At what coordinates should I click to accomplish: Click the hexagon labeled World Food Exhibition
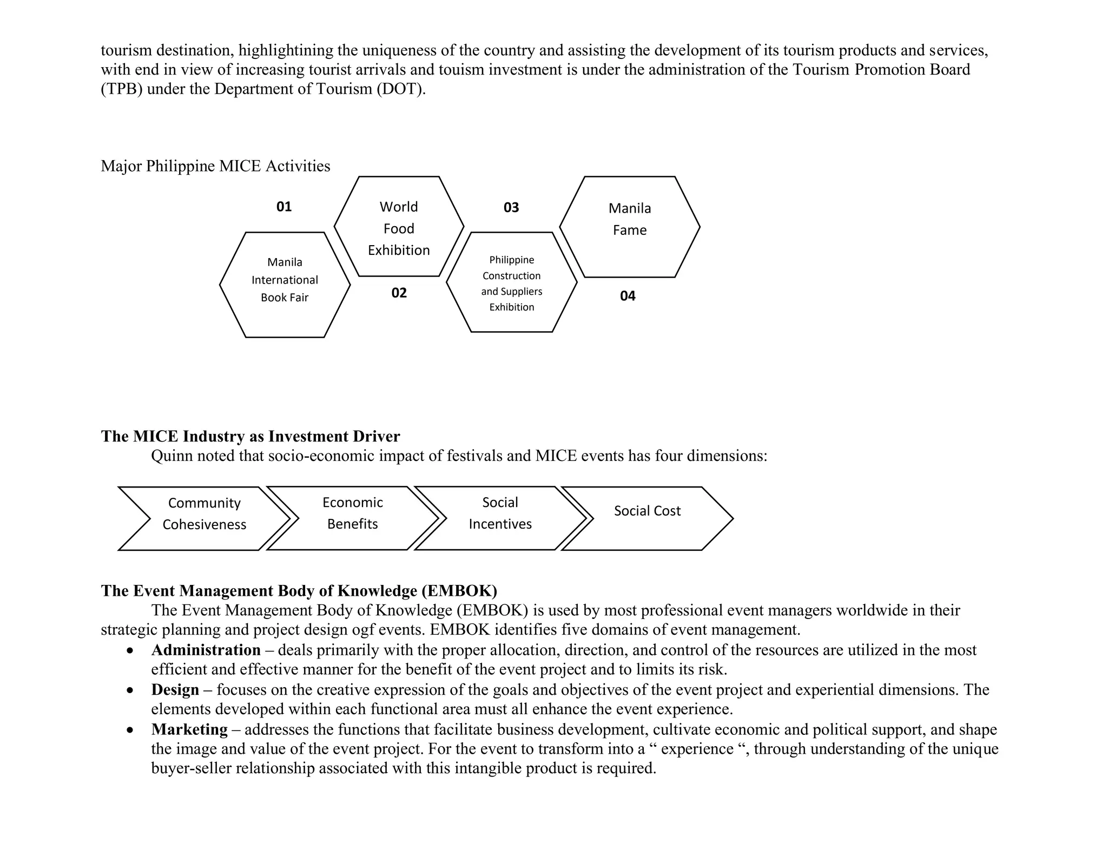tap(399, 228)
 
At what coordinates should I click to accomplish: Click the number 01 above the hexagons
tap(284, 207)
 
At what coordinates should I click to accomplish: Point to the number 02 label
tap(399, 293)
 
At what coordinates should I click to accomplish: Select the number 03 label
tap(511, 208)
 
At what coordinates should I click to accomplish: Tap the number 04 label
tap(628, 296)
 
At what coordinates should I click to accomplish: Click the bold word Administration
tap(206, 650)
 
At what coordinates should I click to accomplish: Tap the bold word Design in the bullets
tap(175, 690)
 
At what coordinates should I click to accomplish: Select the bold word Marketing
tap(189, 729)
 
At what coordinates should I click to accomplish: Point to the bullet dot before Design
tap(130, 691)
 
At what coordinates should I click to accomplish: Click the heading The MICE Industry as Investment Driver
tap(250, 436)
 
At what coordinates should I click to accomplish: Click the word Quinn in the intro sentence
tap(171, 456)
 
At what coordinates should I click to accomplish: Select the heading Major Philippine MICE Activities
tap(215, 166)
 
